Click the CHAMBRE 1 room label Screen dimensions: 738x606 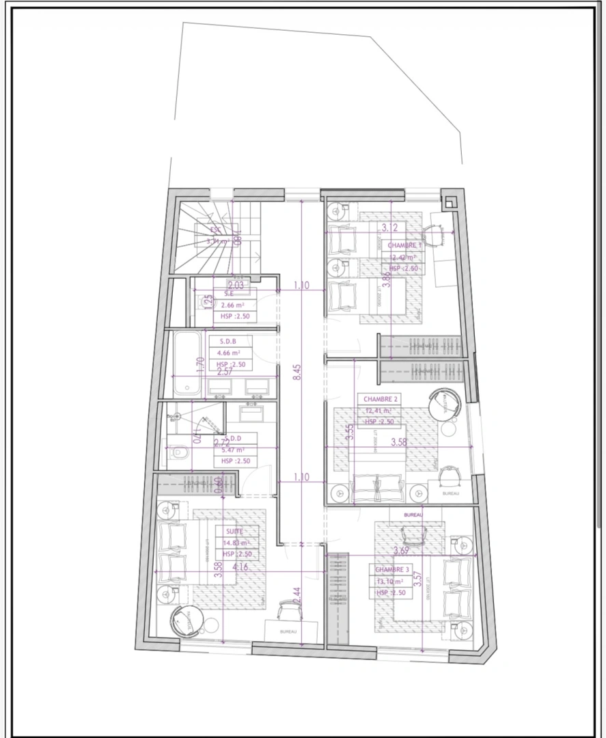point(405,245)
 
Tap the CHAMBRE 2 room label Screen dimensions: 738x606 point(381,398)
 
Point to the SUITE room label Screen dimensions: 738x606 point(234,532)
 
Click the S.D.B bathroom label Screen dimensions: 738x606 point(228,341)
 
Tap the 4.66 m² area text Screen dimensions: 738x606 point(230,353)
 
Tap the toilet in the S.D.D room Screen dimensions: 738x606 point(180,452)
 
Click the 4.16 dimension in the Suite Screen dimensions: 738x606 point(240,566)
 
